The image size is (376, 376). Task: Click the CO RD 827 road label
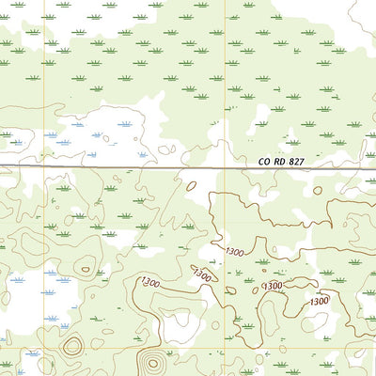[281, 162]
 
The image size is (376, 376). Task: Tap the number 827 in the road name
[298, 162]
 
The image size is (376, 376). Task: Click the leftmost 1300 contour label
[149, 281]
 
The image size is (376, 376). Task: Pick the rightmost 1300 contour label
[319, 301]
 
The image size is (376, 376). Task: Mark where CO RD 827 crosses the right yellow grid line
[226, 169]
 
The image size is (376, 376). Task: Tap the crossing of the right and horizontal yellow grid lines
[226, 351]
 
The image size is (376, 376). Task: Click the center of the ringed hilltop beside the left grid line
[71, 346]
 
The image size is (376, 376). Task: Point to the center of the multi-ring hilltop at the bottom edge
[151, 363]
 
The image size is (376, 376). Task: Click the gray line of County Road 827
[141, 168]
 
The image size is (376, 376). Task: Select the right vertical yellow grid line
[226, 94]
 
